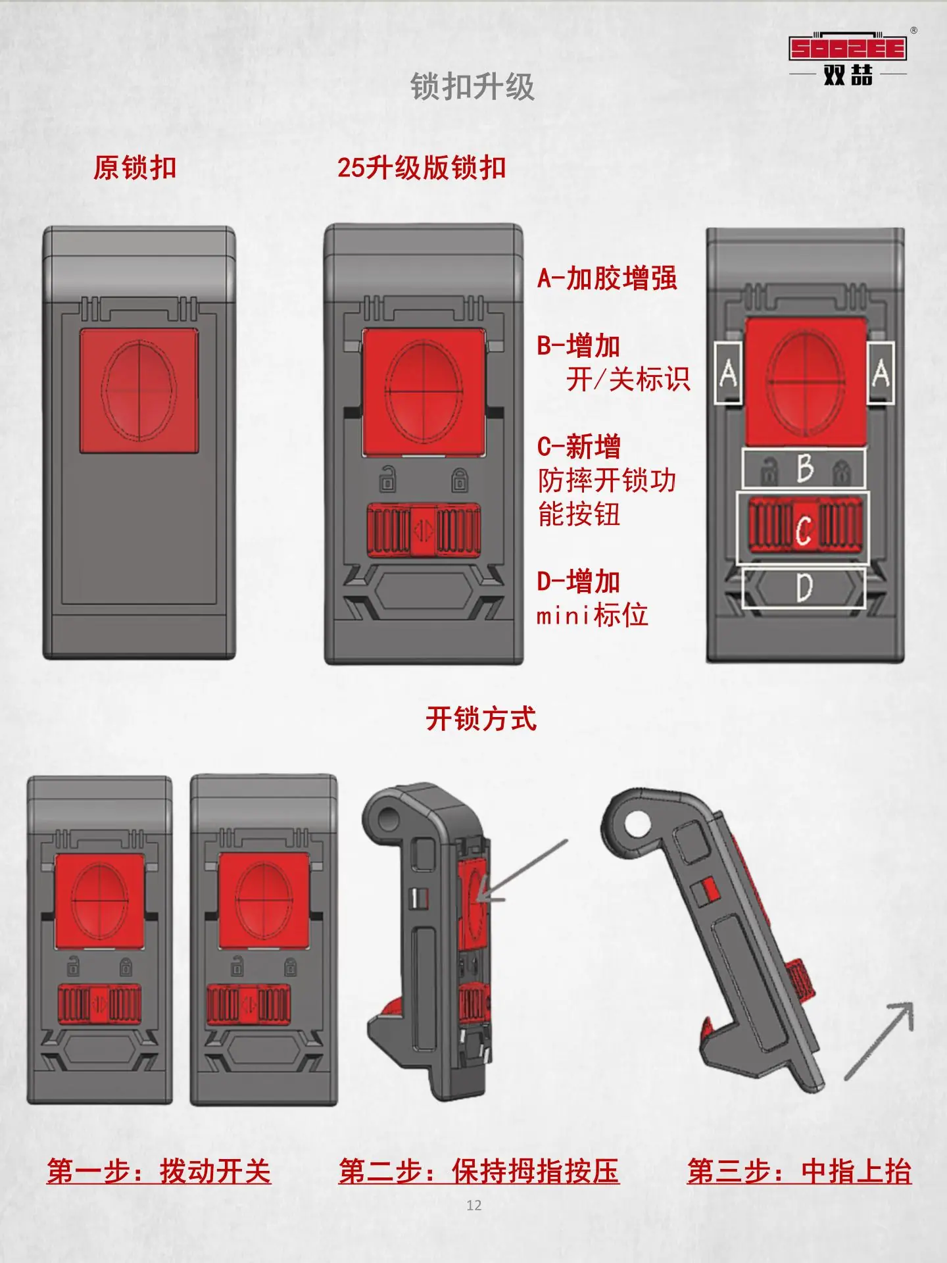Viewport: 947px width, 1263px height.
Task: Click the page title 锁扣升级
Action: pos(472,86)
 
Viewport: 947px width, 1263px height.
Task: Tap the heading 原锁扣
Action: pos(135,168)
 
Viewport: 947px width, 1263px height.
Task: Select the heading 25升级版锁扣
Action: pos(422,168)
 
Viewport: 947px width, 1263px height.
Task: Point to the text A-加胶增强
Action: pos(607,278)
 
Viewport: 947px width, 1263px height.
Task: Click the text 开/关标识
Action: pos(628,380)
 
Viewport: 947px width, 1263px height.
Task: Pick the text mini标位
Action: pos(593,616)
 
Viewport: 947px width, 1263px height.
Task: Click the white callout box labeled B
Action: pos(804,468)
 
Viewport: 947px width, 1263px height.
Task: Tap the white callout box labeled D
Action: pos(803,587)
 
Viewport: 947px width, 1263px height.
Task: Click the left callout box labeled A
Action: pos(728,373)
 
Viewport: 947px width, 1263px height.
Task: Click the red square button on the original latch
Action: pos(139,391)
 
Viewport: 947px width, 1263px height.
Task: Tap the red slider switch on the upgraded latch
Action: pos(423,530)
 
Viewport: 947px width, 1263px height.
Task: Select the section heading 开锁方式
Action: pos(481,718)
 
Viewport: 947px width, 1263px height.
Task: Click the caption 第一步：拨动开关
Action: pos(158,1172)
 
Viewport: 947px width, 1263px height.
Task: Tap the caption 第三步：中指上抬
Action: pos(799,1172)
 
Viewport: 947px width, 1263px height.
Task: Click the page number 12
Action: pos(473,1205)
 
